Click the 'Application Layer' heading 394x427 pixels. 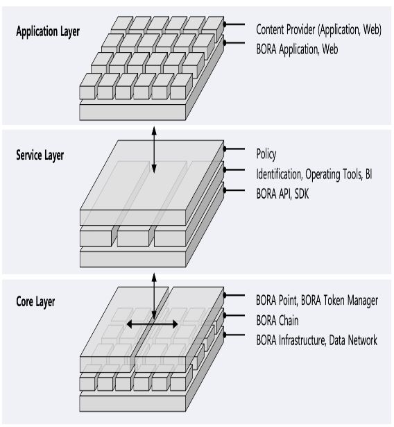[48, 31]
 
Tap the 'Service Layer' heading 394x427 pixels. [40, 156]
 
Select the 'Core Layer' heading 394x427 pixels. [35, 302]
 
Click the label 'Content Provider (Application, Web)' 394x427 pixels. [318, 30]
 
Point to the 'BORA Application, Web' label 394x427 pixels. [297, 49]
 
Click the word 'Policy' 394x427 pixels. [266, 154]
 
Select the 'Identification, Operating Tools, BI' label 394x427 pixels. [314, 174]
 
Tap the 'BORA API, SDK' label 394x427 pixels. [282, 194]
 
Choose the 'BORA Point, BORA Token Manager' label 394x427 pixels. [317, 301]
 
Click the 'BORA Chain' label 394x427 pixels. [277, 321]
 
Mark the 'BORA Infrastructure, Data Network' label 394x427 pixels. [317, 340]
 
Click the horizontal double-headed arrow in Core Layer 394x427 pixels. [152, 324]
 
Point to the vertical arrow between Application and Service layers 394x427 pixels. [154, 150]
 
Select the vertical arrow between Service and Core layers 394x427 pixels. [154, 296]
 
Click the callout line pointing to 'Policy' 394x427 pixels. [234, 149]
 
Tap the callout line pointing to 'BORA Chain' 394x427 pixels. [234, 315]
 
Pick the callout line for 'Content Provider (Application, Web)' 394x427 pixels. [234, 24]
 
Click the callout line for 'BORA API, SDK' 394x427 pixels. [234, 190]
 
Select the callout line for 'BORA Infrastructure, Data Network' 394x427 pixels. [234, 335]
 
